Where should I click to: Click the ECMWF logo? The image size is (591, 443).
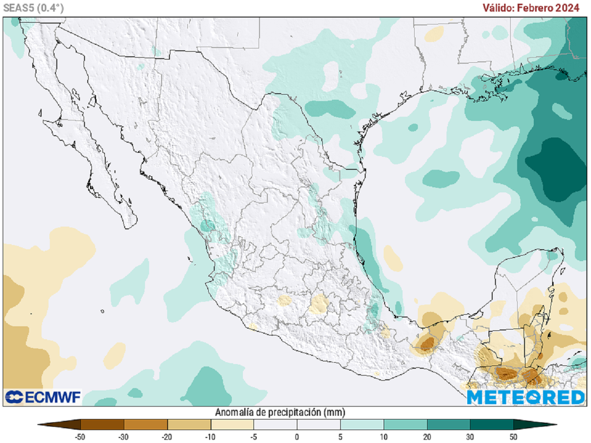tap(43, 397)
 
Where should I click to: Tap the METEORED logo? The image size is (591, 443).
tap(526, 397)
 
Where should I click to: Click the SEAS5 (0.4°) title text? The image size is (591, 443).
tap(33, 7)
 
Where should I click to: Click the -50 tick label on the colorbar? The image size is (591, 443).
tap(80, 437)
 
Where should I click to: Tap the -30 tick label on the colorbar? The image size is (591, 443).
tap(124, 437)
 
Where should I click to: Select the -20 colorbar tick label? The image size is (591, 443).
tap(167, 437)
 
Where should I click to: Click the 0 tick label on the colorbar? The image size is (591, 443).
tap(297, 437)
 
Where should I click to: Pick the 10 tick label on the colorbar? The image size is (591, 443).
tap(383, 437)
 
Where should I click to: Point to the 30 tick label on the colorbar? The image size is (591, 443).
tap(470, 437)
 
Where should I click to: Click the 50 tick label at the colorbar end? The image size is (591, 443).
tap(513, 437)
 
